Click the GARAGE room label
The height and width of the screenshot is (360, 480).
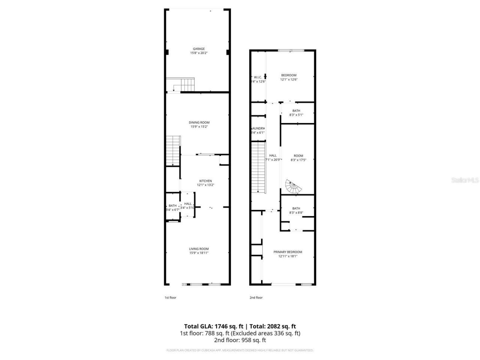click(199, 49)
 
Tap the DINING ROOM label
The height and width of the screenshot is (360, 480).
click(199, 122)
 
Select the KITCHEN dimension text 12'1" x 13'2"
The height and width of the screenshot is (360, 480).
click(205, 185)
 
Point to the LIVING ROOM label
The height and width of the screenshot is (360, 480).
click(199, 249)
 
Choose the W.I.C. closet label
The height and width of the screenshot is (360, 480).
click(258, 77)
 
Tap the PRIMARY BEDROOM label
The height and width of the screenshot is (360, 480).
click(288, 252)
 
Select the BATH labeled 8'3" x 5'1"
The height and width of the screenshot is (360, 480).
click(296, 111)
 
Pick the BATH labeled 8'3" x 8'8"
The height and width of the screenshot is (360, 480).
click(296, 208)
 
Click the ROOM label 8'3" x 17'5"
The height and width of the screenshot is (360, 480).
click(298, 156)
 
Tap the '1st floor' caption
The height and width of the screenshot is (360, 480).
click(170, 297)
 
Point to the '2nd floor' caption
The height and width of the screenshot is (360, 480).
click(256, 297)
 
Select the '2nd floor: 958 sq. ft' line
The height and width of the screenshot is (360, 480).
click(240, 340)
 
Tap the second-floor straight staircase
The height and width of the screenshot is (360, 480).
click(258, 167)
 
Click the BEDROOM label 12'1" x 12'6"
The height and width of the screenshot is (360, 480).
click(289, 75)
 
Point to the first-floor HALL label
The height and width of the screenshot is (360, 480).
click(188, 204)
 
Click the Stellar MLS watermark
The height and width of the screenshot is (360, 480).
click(465, 180)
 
